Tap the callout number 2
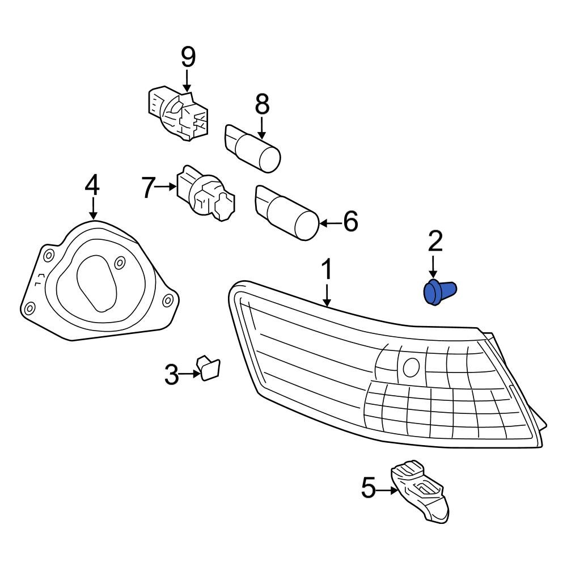click(x=434, y=242)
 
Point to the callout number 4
click(x=92, y=185)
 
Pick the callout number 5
click(x=369, y=488)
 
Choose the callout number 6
click(x=350, y=222)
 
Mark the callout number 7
click(x=148, y=187)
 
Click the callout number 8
click(x=262, y=104)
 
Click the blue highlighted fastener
click(x=439, y=292)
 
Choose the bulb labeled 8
click(x=253, y=147)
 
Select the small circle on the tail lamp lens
click(x=409, y=367)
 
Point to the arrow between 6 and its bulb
click(x=331, y=223)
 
